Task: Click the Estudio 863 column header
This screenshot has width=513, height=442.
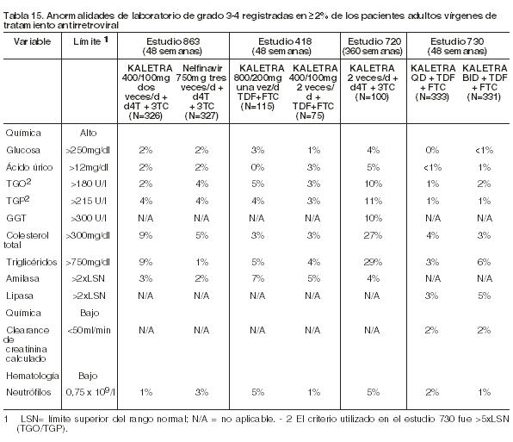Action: (173, 47)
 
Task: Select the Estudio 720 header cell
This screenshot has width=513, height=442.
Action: (373, 47)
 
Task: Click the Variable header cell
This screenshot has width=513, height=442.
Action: (32, 41)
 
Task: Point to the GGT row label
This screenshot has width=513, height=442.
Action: (16, 218)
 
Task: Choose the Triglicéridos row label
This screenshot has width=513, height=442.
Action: (31, 262)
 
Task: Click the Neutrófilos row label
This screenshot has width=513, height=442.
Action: (28, 392)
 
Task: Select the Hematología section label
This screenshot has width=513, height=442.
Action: (33, 376)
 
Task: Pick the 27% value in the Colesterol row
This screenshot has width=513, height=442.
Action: (373, 235)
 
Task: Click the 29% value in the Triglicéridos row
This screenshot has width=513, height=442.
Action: (373, 262)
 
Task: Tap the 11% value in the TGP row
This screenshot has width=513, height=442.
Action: (373, 201)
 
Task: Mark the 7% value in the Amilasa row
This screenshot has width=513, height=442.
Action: (257, 278)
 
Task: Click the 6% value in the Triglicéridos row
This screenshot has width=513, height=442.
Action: (484, 262)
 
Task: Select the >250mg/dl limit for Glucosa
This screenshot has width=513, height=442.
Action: (88, 150)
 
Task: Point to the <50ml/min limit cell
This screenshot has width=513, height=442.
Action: (89, 330)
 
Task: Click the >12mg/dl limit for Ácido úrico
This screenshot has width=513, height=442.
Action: (89, 168)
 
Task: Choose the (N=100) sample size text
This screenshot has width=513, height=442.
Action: (372, 96)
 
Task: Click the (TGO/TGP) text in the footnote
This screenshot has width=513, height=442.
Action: (41, 428)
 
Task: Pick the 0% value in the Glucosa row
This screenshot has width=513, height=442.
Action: (432, 150)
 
